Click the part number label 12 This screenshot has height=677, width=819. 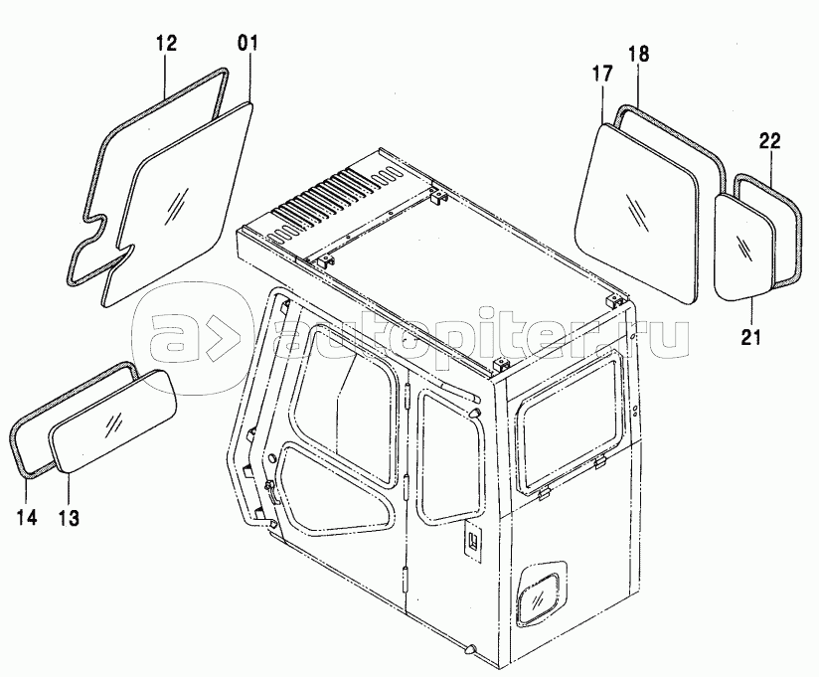pos(167,44)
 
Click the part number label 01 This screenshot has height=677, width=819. pos(248,44)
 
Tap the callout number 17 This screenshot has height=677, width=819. pos(602,74)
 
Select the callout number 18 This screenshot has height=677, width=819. pos(638,54)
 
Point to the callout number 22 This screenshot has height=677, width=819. pos(770,141)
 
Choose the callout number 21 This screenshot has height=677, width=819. pos(751,337)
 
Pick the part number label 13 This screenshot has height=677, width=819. pos(68,518)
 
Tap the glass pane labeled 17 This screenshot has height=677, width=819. pos(637,212)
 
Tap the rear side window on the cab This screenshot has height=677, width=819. pos(570,423)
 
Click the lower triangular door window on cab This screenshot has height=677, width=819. pos(334,483)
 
